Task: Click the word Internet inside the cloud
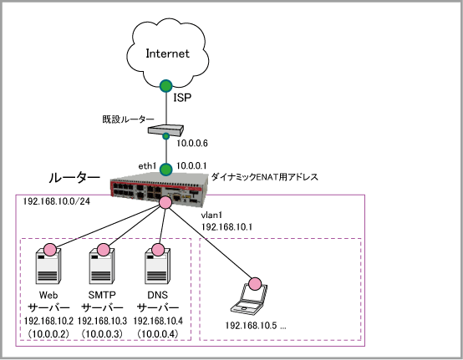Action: [167, 53]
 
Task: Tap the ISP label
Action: [182, 98]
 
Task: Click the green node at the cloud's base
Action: [166, 86]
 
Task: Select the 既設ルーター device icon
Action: [165, 130]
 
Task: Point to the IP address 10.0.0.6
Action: [192, 144]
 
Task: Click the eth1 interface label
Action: [147, 166]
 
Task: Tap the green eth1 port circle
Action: [166, 170]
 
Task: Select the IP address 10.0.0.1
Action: [191, 166]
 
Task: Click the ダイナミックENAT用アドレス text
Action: [265, 177]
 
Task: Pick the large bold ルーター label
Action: [74, 178]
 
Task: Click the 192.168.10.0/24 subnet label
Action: [57, 201]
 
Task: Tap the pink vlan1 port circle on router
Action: [165, 202]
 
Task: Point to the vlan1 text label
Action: [211, 215]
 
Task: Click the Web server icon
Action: [48, 266]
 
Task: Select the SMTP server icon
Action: [102, 266]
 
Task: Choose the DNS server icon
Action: [158, 266]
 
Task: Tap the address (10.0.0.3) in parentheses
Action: [102, 334]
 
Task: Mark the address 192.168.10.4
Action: [158, 321]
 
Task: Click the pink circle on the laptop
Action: [255, 284]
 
